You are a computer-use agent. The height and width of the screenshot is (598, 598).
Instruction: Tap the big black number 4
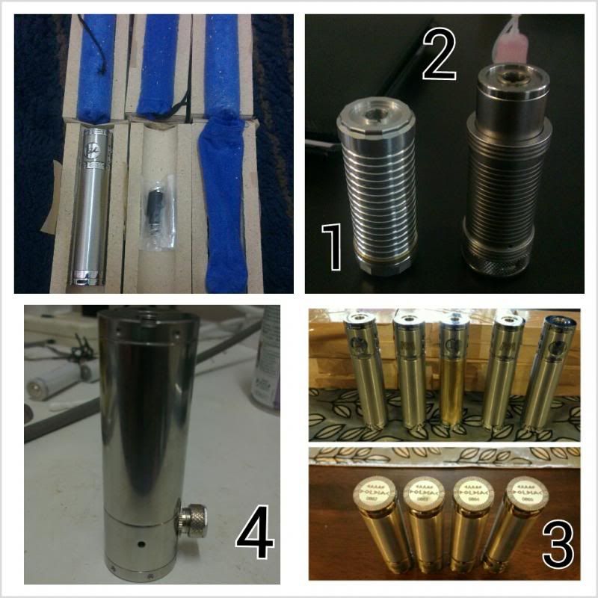pyautogui.click(x=254, y=535)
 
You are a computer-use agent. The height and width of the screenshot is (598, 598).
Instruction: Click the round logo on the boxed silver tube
pyautogui.click(x=94, y=143)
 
